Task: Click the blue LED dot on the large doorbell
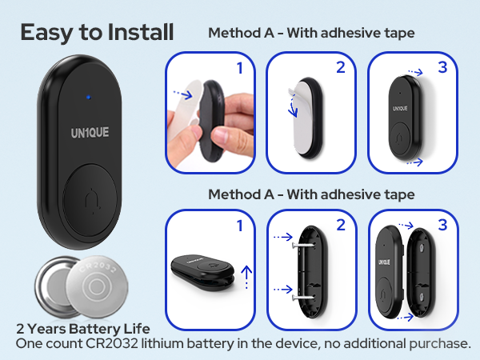coord(89,98)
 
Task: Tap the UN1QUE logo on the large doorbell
coord(90,133)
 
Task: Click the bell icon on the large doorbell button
coord(92,201)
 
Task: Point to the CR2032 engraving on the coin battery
coord(98,268)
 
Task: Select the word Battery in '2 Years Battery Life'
coord(94,329)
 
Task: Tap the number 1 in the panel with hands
coord(240,68)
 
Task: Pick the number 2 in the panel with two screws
coord(341,225)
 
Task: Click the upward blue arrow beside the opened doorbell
coord(246,277)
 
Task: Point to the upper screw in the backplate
coord(303,245)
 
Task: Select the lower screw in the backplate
coord(303,297)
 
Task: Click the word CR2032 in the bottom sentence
coord(112,343)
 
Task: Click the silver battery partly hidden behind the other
coord(52,286)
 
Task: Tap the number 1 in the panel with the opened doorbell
coord(240,226)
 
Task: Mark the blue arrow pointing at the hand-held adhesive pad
coord(182,94)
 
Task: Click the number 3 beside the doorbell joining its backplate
coord(442,225)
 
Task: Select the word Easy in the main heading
coord(46,33)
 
